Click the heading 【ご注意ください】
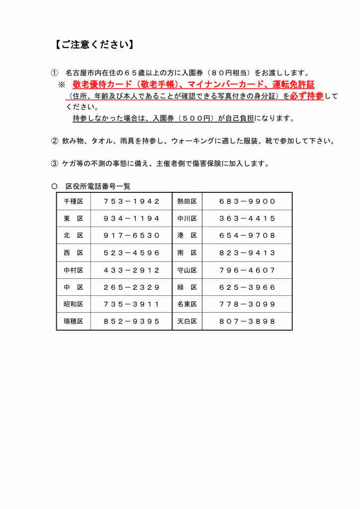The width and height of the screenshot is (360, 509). tap(93, 45)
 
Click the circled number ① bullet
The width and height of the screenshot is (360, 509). tap(55, 73)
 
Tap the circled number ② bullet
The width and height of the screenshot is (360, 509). tap(55, 141)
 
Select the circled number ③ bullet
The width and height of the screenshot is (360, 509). tap(55, 164)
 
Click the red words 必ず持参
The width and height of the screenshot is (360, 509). tap(307, 96)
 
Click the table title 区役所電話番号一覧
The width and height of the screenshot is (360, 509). tap(97, 186)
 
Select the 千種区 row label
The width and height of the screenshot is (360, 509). tap(74, 201)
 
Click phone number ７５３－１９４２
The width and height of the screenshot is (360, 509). tap(132, 201)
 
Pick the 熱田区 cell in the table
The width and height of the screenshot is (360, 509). tap(187, 201)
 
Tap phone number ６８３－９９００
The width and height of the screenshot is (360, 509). tap(247, 201)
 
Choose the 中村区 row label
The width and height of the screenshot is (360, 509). tap(74, 270)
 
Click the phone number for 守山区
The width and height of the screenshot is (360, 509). tap(247, 270)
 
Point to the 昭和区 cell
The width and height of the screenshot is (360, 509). tap(74, 304)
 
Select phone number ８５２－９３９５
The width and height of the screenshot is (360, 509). tap(132, 321)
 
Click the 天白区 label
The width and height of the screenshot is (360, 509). tap(187, 321)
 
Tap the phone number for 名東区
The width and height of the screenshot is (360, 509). tap(247, 304)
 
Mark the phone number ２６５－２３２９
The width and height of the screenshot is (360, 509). tap(132, 287)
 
